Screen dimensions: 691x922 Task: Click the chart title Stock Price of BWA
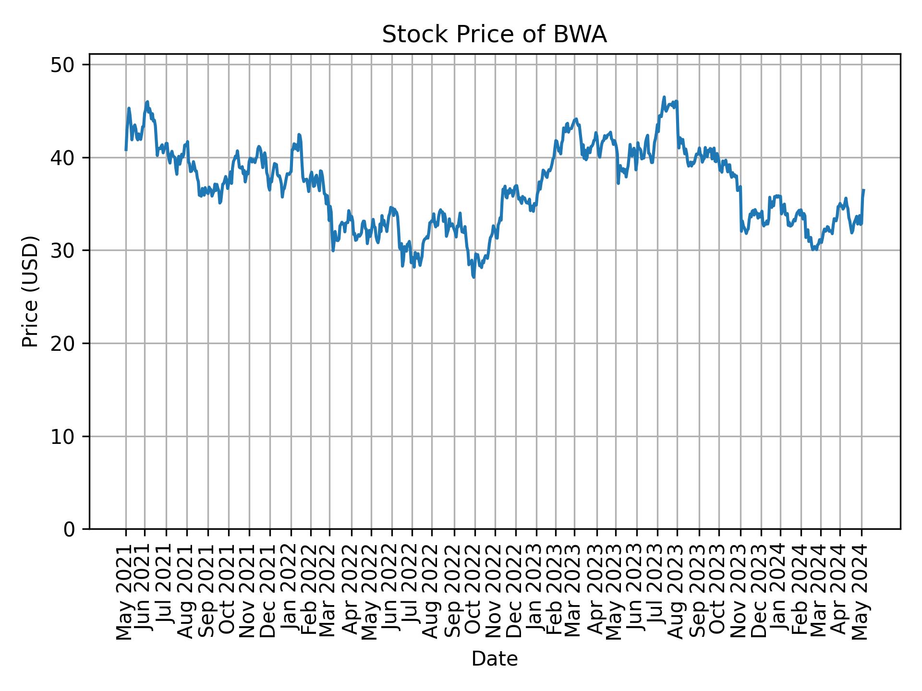pos(494,35)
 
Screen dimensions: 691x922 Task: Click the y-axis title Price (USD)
pos(30,291)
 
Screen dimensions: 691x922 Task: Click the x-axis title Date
pos(494,659)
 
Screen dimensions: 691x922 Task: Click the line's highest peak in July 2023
pos(664,97)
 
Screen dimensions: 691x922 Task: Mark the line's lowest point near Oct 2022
pos(474,277)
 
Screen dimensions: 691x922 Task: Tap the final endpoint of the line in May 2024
pos(863,190)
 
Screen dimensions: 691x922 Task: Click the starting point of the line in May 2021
pos(126,150)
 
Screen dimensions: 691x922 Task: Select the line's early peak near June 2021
pos(147,101)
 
